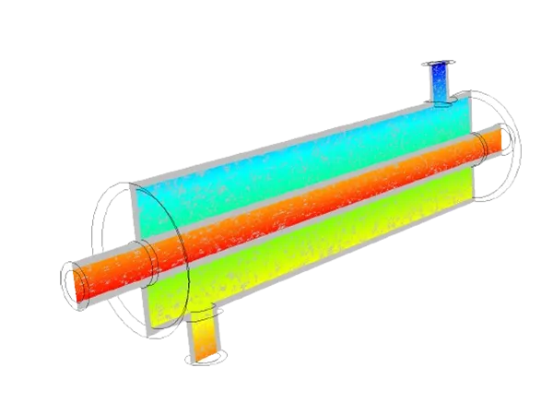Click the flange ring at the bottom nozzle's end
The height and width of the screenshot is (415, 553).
point(205,361)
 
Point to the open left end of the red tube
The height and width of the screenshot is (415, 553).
point(74,280)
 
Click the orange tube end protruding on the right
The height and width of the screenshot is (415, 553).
point(490,141)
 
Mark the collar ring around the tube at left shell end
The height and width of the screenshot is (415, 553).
point(147,253)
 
